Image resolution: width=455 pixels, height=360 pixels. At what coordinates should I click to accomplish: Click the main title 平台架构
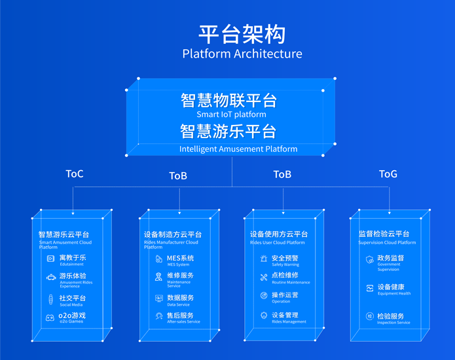(242, 34)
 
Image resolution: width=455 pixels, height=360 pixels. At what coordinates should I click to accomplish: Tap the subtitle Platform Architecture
(242, 54)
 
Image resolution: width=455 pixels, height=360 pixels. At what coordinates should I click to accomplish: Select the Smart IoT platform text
(231, 115)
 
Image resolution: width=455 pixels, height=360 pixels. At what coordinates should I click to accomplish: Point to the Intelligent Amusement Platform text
(238, 149)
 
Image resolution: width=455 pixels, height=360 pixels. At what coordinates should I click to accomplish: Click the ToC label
(75, 174)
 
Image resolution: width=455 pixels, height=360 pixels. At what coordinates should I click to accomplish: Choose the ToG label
(388, 174)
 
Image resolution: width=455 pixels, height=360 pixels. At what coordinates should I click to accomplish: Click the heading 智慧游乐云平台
(64, 234)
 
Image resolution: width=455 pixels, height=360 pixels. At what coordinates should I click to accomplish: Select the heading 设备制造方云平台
(173, 234)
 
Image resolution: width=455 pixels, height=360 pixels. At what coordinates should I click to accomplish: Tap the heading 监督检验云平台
(384, 234)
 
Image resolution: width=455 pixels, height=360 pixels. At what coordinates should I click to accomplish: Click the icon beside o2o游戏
(50, 318)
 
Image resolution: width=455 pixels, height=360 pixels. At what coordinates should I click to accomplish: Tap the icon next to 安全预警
(264, 260)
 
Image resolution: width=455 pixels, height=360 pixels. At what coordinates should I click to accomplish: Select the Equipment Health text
(394, 294)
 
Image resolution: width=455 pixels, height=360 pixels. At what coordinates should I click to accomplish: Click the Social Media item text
(71, 305)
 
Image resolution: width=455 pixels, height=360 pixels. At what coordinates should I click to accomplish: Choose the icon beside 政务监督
(370, 260)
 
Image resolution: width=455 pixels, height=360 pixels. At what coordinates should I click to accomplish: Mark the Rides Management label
(289, 322)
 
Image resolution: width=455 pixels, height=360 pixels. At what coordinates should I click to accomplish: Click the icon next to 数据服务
(158, 298)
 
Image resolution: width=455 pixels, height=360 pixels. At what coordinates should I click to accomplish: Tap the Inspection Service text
(393, 323)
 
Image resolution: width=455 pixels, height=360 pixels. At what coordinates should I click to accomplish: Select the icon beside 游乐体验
(50, 277)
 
